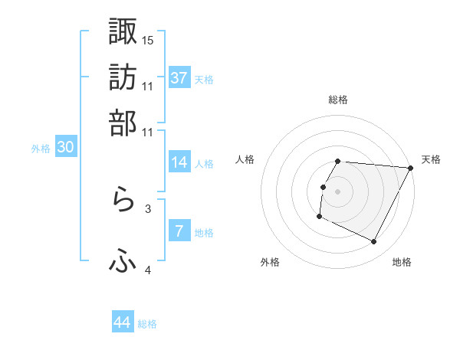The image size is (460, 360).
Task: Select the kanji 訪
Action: pyautogui.click(x=123, y=77)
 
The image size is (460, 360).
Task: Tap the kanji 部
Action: pyautogui.click(x=123, y=123)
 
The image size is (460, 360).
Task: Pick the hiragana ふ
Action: pyautogui.click(x=123, y=262)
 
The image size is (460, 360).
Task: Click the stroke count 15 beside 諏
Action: pyautogui.click(x=148, y=39)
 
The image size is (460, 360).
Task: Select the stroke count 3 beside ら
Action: pyautogui.click(x=148, y=208)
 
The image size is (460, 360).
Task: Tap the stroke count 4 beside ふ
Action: pyautogui.click(x=148, y=270)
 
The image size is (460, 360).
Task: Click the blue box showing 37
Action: pyautogui.click(x=179, y=78)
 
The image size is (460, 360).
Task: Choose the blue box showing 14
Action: pyautogui.click(x=179, y=162)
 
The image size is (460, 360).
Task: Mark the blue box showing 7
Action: pyautogui.click(x=179, y=231)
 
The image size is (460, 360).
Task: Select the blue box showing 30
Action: pyautogui.click(x=65, y=148)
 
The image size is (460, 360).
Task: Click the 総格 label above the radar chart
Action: pyautogui.click(x=338, y=100)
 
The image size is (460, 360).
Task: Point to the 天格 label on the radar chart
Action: pyautogui.click(x=431, y=159)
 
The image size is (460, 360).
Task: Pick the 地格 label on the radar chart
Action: pyautogui.click(x=402, y=262)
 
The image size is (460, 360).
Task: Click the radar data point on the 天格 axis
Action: pyautogui.click(x=411, y=168)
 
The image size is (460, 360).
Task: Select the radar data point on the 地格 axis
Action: pyautogui.click(x=374, y=242)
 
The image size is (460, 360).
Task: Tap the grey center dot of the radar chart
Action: pyautogui.click(x=338, y=191)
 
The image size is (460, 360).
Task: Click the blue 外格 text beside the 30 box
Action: pyautogui.click(x=41, y=149)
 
